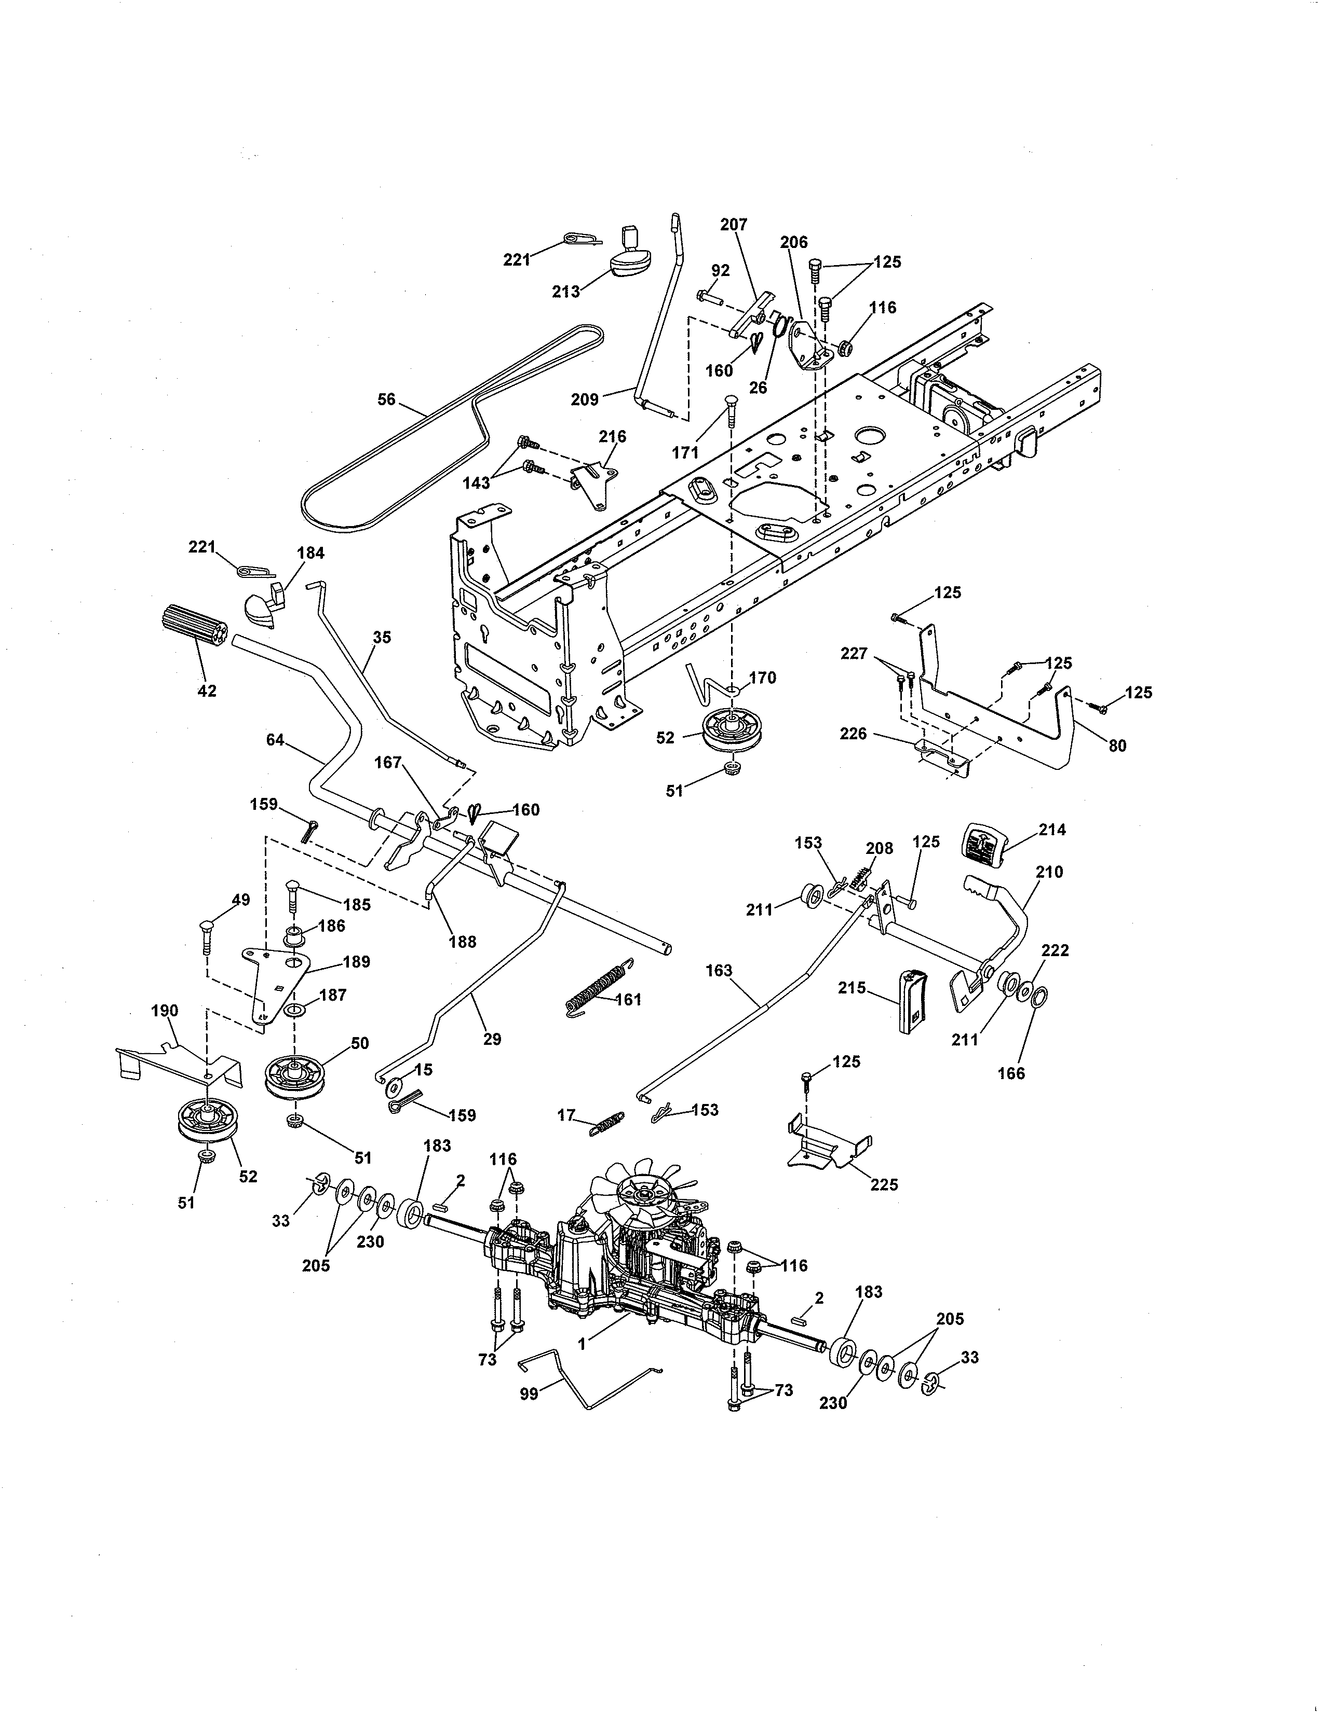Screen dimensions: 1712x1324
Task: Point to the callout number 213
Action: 565,292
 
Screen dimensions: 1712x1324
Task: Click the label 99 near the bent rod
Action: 530,1395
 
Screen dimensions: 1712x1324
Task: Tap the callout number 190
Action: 165,1011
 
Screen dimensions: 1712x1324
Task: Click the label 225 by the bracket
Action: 884,1184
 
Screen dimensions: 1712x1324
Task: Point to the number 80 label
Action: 1117,745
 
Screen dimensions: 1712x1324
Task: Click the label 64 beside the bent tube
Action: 275,739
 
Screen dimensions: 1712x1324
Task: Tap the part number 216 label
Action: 613,437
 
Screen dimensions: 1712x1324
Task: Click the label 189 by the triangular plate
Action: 357,962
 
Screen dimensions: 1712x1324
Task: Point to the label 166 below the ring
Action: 1011,1073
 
